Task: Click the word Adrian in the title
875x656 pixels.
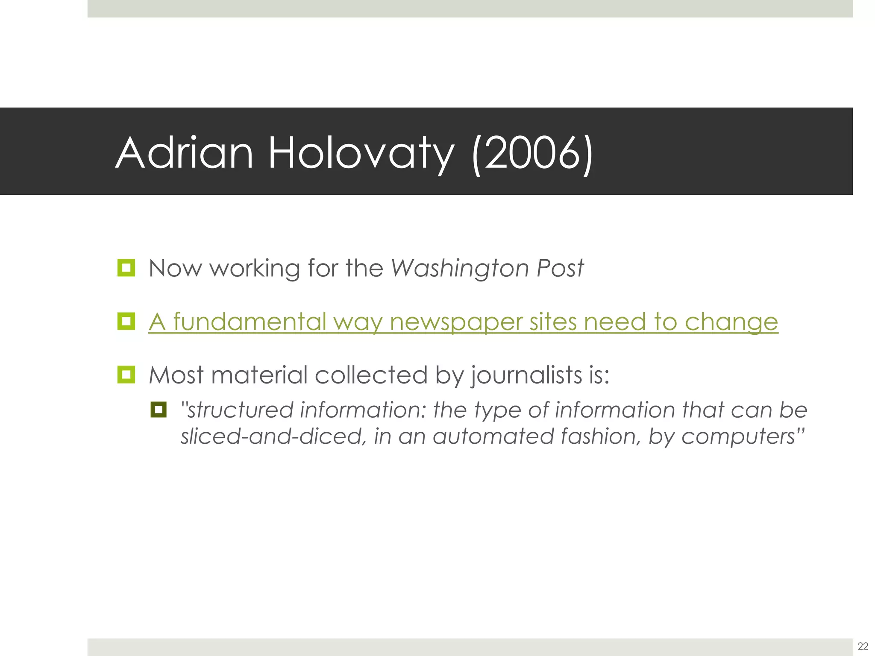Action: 184,153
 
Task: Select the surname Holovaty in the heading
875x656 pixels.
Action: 361,153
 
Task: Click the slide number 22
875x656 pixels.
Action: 863,645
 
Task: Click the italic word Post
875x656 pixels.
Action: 560,268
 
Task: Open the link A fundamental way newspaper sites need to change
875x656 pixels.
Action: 463,322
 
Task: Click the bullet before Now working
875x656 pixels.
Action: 126,268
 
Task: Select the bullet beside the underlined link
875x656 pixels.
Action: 126,321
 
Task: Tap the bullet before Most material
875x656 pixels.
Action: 126,375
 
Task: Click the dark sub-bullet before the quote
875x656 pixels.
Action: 158,410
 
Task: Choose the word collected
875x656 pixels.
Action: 371,375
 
